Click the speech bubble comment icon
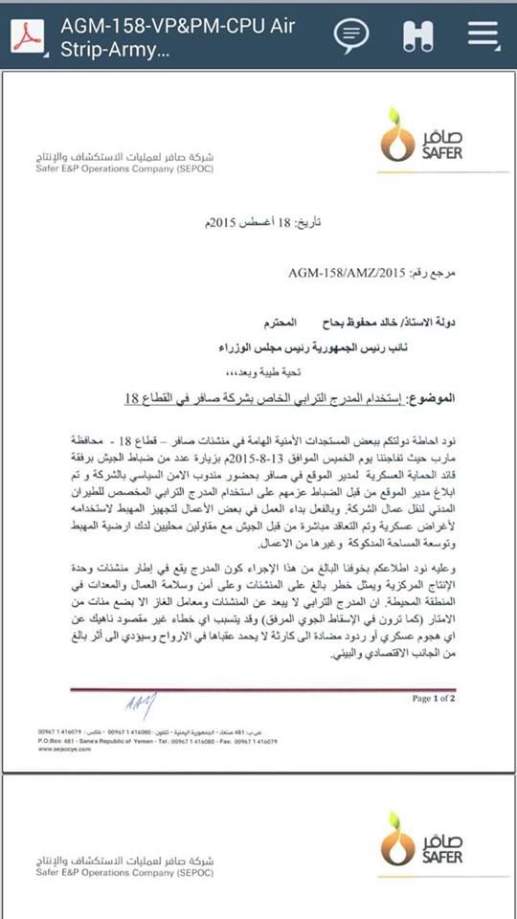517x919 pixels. coord(351,35)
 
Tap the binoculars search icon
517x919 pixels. coord(418,35)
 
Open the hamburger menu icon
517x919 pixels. coord(483,35)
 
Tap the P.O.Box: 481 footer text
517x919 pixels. coord(59,741)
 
